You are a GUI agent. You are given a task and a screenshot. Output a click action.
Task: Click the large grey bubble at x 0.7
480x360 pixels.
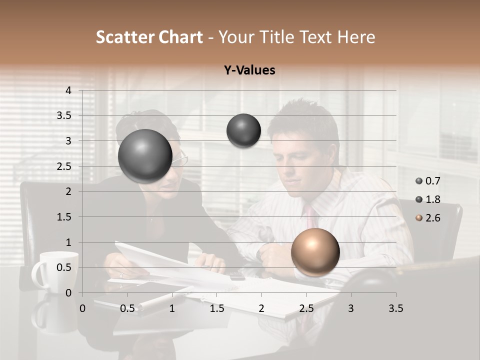145,156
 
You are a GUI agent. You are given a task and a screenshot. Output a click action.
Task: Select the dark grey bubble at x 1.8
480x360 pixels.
243,130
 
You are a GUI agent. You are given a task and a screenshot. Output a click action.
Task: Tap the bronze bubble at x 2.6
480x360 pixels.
315,252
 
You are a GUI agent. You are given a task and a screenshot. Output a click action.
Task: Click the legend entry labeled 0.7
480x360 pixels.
428,181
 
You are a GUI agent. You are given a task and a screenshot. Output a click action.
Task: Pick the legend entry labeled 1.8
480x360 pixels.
428,199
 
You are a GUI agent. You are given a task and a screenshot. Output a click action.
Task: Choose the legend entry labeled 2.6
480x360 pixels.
428,218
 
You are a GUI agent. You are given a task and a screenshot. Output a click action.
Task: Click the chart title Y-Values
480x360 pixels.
249,70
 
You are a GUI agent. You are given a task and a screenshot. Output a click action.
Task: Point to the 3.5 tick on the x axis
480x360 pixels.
395,308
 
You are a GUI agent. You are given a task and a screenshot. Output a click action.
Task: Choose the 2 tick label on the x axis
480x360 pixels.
261,308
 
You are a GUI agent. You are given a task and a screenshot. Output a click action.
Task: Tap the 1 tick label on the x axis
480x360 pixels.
172,308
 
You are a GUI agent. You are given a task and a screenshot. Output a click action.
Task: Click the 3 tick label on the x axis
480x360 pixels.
350,308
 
